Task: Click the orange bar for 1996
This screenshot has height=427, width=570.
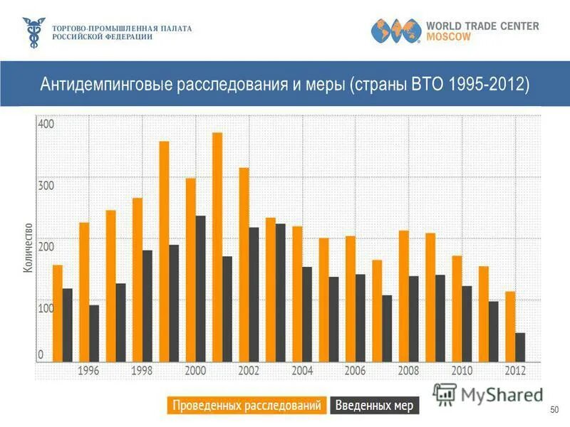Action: (x=84, y=292)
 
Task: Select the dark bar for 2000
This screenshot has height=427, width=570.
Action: (x=200, y=288)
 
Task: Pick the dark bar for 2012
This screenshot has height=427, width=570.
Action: (x=520, y=347)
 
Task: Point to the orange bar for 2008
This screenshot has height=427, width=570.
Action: (x=403, y=295)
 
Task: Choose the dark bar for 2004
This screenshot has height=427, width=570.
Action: (x=307, y=314)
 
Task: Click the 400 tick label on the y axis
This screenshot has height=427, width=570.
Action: (x=46, y=125)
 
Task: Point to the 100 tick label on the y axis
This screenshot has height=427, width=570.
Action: (x=46, y=309)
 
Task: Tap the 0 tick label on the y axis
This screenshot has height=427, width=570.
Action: (x=41, y=354)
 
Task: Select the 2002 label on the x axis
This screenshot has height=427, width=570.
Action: (x=249, y=371)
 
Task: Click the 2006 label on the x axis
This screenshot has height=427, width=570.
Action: (x=355, y=371)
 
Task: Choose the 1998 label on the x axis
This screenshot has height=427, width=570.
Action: (x=142, y=371)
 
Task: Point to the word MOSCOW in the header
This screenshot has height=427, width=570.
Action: (x=448, y=37)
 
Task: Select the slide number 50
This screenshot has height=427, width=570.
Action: (x=554, y=411)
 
